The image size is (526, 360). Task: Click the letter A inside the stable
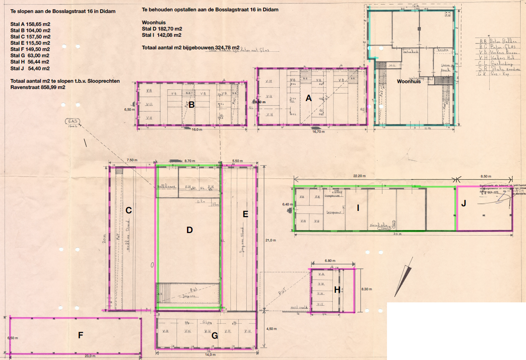(309, 98)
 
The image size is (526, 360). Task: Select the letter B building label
(191, 105)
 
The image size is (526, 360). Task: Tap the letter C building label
(129, 210)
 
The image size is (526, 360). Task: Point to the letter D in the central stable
(190, 229)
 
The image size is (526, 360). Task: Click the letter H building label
(337, 290)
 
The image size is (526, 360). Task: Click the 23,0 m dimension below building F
(90, 356)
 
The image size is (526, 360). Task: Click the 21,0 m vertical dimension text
(271, 241)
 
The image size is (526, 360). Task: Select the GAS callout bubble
(73, 122)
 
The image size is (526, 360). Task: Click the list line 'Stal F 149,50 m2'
(30, 49)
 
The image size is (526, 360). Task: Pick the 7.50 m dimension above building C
(132, 160)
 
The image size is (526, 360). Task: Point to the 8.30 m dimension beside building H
(367, 289)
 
